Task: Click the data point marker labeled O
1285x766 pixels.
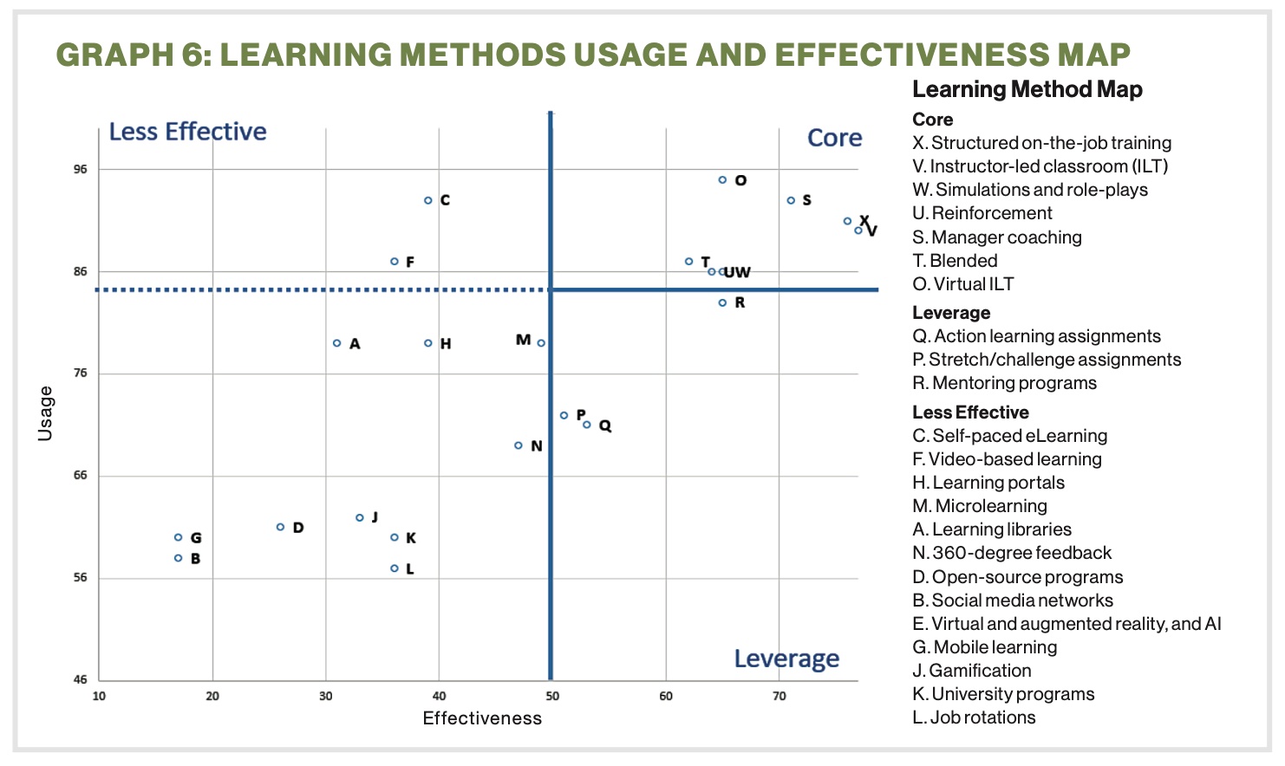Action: [x=722, y=180]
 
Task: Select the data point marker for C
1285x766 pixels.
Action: [x=428, y=200]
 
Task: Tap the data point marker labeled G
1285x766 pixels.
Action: [x=179, y=537]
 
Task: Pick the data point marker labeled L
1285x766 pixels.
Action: [x=395, y=568]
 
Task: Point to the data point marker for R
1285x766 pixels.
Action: [x=722, y=302]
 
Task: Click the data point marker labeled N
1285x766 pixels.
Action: [x=519, y=445]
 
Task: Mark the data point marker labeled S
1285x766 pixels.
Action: [x=791, y=200]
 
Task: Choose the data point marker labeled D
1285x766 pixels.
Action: [x=280, y=527]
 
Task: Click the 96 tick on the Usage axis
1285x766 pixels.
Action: [x=81, y=169]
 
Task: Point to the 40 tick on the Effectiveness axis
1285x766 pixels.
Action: [x=439, y=696]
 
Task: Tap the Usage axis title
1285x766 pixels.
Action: [x=45, y=413]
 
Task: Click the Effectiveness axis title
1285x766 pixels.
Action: [x=482, y=718]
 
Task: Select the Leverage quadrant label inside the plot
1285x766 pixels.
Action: [x=786, y=659]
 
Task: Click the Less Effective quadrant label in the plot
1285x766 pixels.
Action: [x=187, y=132]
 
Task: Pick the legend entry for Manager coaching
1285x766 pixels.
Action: [x=997, y=237]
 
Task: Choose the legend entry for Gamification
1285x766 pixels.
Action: [x=972, y=671]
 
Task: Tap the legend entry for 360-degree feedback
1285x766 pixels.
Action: [x=1012, y=553]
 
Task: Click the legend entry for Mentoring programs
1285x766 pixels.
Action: [x=1004, y=383]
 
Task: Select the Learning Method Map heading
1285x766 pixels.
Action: [x=1027, y=89]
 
